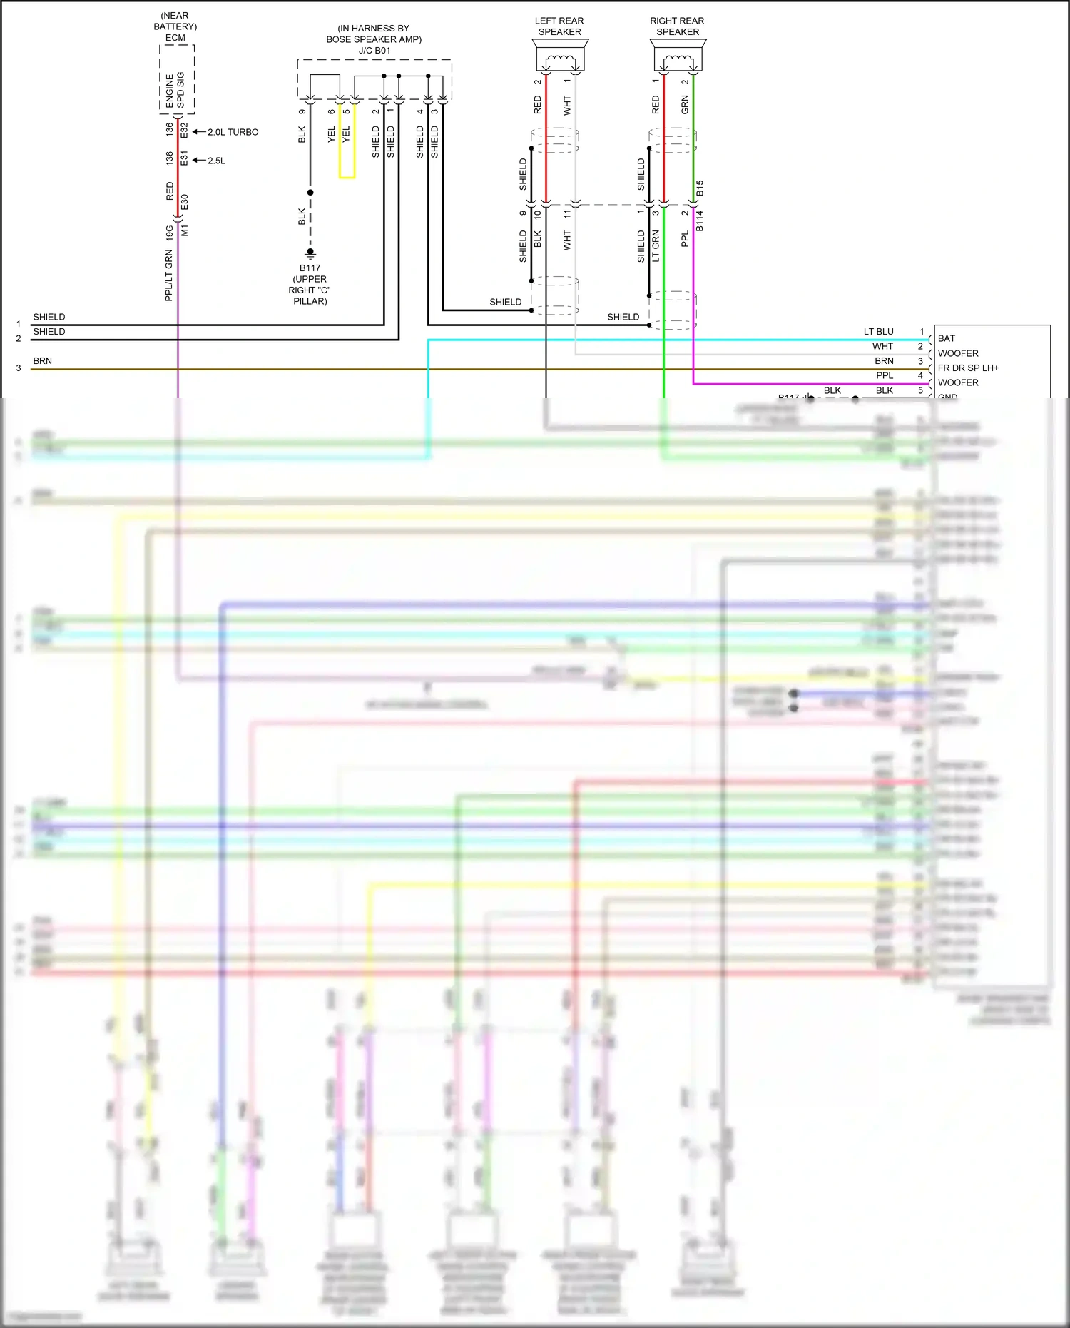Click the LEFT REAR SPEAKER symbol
coord(560,56)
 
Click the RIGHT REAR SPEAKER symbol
coord(678,56)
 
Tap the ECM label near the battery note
coord(175,38)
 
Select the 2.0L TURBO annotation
coord(233,132)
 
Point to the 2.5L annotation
coord(216,161)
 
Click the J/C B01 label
coord(374,51)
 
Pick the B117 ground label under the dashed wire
coord(310,268)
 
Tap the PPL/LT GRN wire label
coord(169,275)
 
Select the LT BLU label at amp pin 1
coord(878,332)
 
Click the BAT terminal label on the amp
coord(947,338)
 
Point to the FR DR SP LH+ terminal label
coord(968,368)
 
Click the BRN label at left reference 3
coord(43,361)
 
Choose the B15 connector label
coord(700,188)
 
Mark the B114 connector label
coord(700,221)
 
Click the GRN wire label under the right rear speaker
coord(685,106)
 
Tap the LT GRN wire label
coord(656,245)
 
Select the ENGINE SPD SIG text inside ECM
coord(175,90)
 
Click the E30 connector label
coord(185,202)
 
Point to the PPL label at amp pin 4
coord(885,376)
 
